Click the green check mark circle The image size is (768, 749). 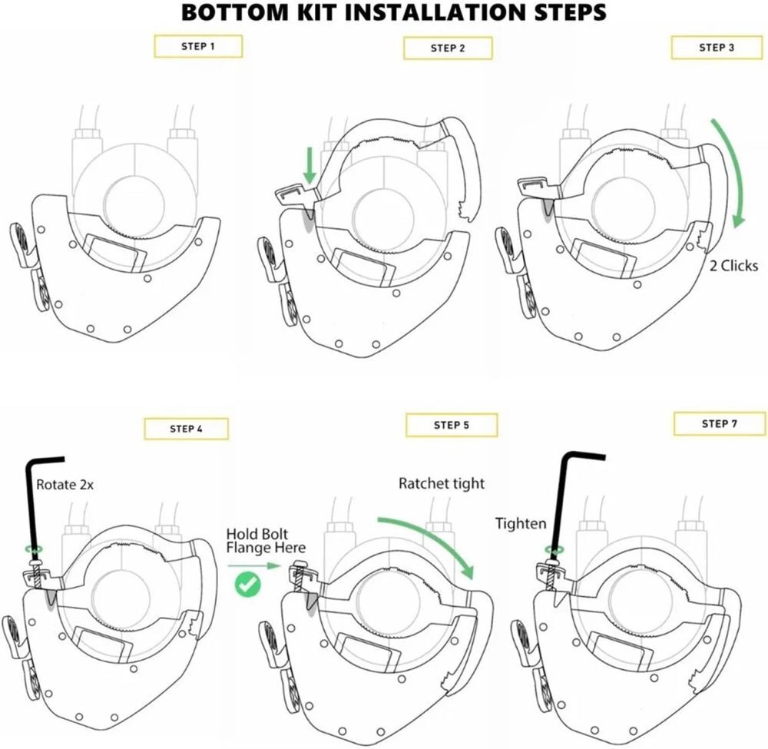[248, 584]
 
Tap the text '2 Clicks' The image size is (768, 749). [733, 266]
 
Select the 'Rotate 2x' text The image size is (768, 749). [65, 485]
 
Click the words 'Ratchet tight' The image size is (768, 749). [442, 484]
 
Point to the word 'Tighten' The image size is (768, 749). [521, 524]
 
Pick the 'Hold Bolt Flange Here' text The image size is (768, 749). [266, 541]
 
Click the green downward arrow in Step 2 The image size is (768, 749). [309, 167]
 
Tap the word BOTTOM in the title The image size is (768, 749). [235, 12]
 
